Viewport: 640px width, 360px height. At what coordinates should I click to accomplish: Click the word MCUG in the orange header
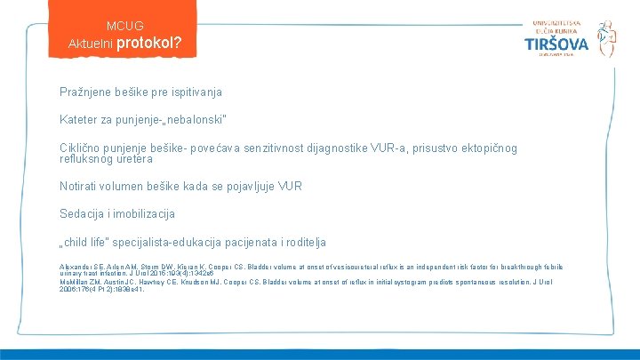pyautogui.click(x=124, y=26)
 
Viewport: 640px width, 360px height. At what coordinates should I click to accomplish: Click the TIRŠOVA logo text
pyautogui.click(x=556, y=44)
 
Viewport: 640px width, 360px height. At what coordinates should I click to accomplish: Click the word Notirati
pyautogui.click(x=80, y=186)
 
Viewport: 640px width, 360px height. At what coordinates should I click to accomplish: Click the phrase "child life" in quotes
pyautogui.click(x=90, y=242)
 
